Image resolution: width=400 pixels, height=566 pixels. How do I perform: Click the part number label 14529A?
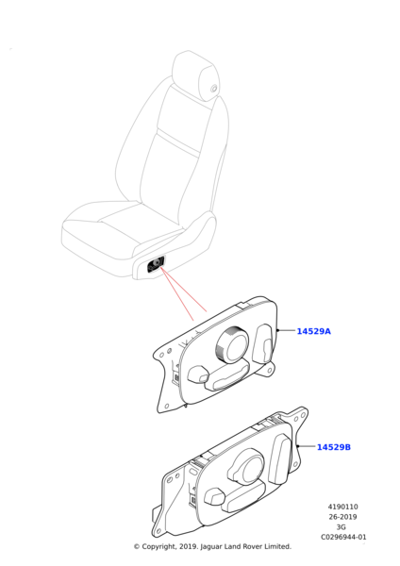click(313, 331)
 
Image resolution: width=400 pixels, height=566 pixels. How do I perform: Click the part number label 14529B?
click(334, 447)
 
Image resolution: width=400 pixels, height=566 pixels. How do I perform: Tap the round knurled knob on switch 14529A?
click(232, 344)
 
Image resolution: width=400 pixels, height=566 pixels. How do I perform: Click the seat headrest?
click(195, 75)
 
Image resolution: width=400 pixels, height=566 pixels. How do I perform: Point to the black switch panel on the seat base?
click(156, 264)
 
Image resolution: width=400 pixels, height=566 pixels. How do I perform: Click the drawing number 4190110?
click(342, 507)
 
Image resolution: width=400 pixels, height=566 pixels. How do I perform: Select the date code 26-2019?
click(342, 517)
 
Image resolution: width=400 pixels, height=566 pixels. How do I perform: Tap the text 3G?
click(341, 527)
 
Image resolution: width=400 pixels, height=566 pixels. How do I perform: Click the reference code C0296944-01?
click(343, 537)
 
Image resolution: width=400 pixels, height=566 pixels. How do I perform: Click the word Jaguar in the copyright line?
click(212, 547)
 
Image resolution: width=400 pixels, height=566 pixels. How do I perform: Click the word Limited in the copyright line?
click(277, 546)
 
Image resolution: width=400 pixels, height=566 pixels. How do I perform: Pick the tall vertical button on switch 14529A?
click(262, 343)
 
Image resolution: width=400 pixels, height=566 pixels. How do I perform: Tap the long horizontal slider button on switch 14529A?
click(227, 376)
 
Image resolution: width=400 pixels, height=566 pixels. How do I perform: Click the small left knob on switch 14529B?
click(215, 497)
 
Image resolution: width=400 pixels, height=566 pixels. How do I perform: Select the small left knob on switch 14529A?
click(198, 374)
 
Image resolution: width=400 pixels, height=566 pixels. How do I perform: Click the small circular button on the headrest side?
click(214, 88)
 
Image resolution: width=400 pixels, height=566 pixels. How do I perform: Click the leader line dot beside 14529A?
click(277, 330)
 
